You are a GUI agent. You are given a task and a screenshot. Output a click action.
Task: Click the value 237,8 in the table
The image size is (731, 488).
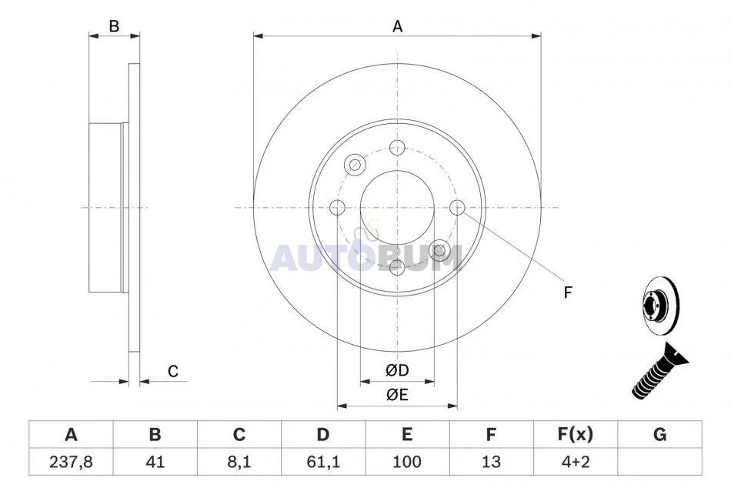click(71, 462)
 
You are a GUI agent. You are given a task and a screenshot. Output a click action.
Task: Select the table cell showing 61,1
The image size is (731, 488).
click(323, 462)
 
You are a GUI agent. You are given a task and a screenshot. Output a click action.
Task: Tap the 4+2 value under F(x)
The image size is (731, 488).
click(576, 462)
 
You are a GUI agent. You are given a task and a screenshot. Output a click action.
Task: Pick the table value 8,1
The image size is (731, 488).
click(239, 462)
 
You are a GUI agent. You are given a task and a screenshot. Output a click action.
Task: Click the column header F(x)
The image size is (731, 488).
click(576, 435)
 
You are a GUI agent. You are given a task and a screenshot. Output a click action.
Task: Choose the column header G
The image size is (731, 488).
click(659, 435)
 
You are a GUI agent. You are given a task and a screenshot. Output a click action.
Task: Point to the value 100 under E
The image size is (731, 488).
click(407, 462)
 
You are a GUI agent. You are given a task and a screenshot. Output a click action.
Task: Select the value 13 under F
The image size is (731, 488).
click(491, 462)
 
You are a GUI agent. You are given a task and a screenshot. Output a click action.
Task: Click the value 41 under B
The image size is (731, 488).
click(155, 462)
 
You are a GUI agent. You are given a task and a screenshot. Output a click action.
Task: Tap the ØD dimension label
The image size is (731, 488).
click(397, 370)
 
